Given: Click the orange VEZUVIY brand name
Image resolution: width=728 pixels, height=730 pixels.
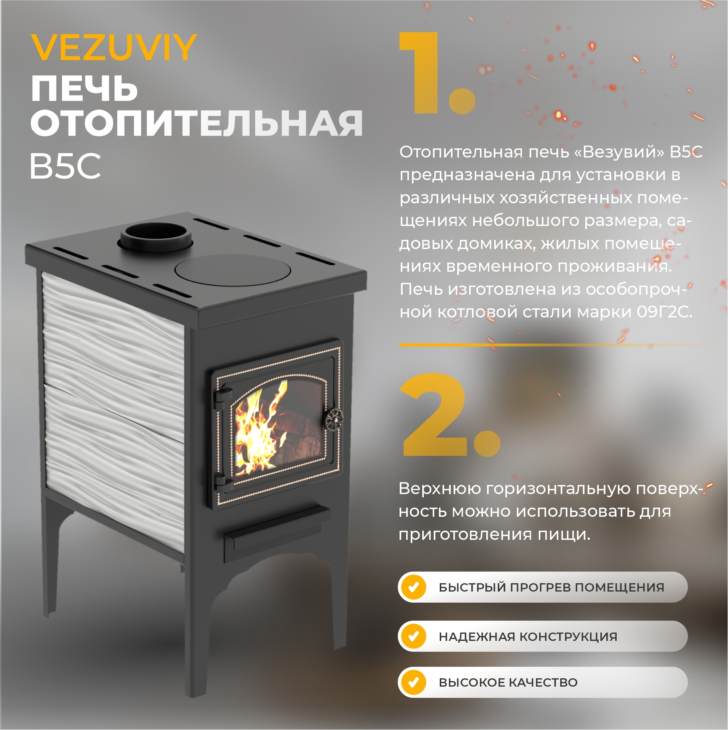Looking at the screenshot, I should click(114, 48).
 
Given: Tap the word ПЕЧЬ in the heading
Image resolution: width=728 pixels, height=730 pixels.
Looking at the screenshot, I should click(84, 88).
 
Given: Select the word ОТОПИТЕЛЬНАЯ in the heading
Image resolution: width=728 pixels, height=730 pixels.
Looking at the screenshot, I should click(196, 124).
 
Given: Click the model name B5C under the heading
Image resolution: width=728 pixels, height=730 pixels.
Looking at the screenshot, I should click(65, 166).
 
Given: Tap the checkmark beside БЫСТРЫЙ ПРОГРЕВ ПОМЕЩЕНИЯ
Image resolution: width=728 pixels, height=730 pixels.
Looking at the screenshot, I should click(414, 587).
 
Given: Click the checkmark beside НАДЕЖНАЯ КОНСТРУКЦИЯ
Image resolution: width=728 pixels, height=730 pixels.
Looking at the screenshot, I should click(414, 637).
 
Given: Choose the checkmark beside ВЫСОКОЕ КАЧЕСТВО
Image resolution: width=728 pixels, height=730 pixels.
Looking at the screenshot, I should click(414, 682).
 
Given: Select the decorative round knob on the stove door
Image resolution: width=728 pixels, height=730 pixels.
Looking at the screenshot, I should click(333, 420).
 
